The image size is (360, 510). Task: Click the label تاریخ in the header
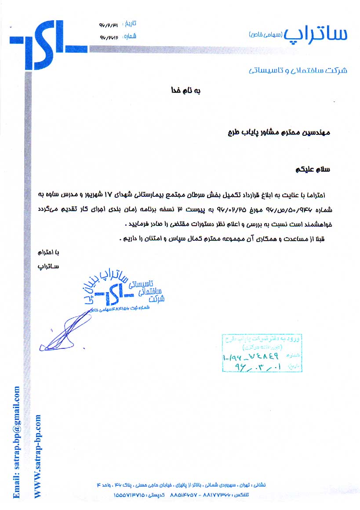point(131,23)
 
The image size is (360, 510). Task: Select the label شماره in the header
point(131,36)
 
